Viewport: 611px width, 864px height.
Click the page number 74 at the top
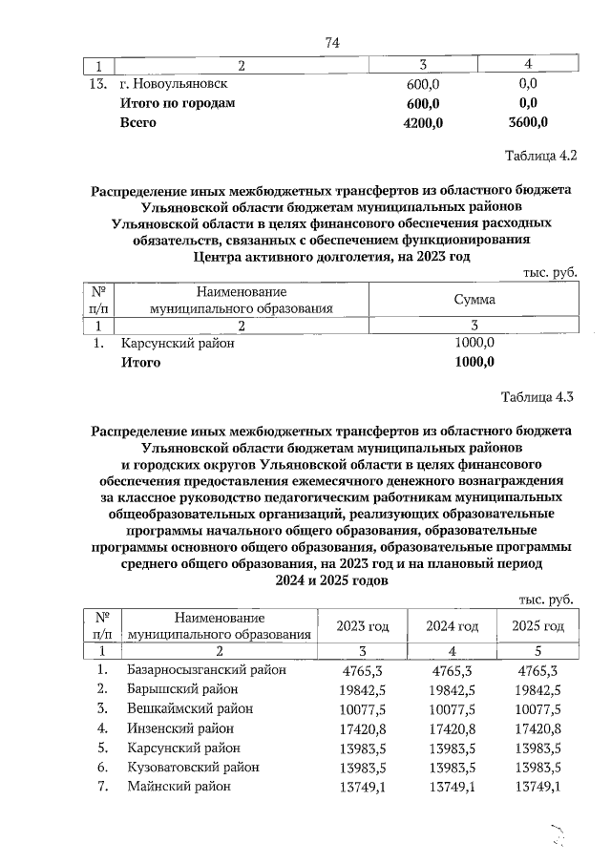332,42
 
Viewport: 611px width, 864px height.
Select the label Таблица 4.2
541,155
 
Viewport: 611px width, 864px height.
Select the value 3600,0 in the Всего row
524,122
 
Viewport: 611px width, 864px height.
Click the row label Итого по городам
177,103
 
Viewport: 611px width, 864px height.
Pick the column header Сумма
474,300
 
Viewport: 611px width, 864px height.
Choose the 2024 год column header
452,625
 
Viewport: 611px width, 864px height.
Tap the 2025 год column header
538,625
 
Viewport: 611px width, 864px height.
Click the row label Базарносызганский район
206,670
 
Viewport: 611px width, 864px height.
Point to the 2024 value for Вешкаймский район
452,708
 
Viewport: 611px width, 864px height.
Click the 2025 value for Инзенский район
536,728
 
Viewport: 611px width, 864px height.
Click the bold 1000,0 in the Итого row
474,362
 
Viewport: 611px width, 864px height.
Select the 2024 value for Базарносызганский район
452,670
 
